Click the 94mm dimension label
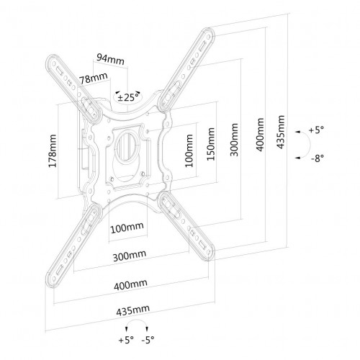110,59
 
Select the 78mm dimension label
94,78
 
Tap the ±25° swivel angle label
128,97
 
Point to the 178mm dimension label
53,151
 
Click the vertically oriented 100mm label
189,150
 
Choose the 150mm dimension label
211,144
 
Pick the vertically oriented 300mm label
234,140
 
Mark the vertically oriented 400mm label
260,135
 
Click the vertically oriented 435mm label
281,132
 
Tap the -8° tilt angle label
318,158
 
